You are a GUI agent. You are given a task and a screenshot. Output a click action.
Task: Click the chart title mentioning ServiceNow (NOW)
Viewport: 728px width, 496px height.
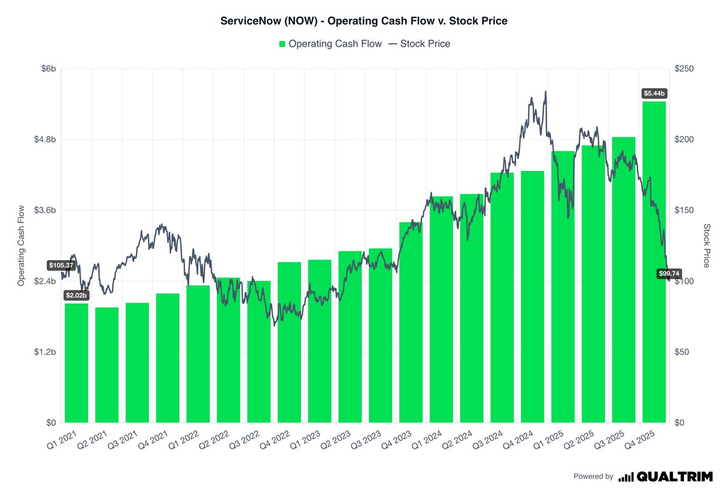click(363, 21)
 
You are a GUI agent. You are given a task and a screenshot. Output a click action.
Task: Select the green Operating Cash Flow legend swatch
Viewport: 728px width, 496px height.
click(282, 44)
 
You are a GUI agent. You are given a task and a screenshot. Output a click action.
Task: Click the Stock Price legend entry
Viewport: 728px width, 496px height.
click(419, 44)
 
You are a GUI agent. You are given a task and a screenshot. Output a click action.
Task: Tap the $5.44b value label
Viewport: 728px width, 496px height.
click(654, 93)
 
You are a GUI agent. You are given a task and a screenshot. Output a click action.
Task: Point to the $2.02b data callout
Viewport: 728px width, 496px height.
click(76, 295)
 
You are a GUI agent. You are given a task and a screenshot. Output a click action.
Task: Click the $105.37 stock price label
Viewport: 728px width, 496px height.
click(61, 266)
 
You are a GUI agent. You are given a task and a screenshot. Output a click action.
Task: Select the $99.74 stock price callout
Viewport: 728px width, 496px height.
click(669, 273)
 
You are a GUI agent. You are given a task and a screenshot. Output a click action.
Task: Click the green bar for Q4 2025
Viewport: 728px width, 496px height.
click(654, 262)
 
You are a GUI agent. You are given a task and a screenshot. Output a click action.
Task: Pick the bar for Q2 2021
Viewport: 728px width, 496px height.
click(107, 365)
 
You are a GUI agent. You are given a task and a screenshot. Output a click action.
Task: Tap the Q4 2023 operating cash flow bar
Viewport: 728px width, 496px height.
click(411, 323)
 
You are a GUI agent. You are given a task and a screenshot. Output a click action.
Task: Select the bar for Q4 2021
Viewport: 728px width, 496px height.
click(167, 358)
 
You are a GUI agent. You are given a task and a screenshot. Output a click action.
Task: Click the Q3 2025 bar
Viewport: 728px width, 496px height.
click(624, 280)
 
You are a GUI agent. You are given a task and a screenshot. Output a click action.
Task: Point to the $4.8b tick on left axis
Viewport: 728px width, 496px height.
click(45, 139)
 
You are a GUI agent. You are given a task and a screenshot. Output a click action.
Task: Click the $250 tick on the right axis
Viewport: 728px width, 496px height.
click(684, 69)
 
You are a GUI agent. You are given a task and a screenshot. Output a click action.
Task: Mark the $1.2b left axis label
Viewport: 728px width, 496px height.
click(45, 352)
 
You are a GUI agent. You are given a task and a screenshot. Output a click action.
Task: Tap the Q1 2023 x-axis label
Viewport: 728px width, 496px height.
click(305, 440)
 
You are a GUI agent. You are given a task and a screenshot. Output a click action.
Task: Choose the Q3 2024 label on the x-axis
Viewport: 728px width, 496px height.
click(488, 440)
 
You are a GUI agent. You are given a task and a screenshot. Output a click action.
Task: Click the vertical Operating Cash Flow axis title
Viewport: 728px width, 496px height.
click(21, 246)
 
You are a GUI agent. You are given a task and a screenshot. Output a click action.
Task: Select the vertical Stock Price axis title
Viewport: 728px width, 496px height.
click(707, 246)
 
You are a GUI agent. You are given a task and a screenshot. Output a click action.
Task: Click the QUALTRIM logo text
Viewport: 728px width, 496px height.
click(675, 477)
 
